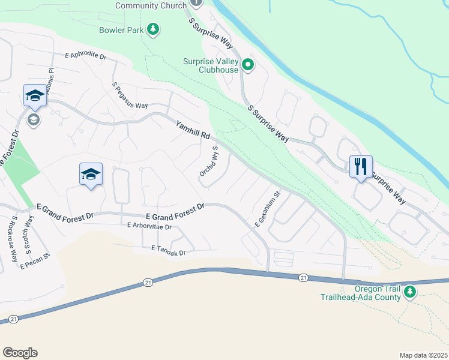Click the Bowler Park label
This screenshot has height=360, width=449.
coord(121,29)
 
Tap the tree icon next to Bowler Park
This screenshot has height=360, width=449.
coord(154,29)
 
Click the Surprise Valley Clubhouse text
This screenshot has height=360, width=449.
coord(210,65)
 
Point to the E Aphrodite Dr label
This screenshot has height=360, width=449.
coord(86,56)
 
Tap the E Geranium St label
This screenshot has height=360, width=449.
coord(268,209)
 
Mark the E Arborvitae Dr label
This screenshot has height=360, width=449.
coord(149,227)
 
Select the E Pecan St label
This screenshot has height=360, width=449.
coord(34,262)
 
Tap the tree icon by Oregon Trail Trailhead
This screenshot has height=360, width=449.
coord(410,292)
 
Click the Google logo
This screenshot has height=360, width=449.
coord(20,353)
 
